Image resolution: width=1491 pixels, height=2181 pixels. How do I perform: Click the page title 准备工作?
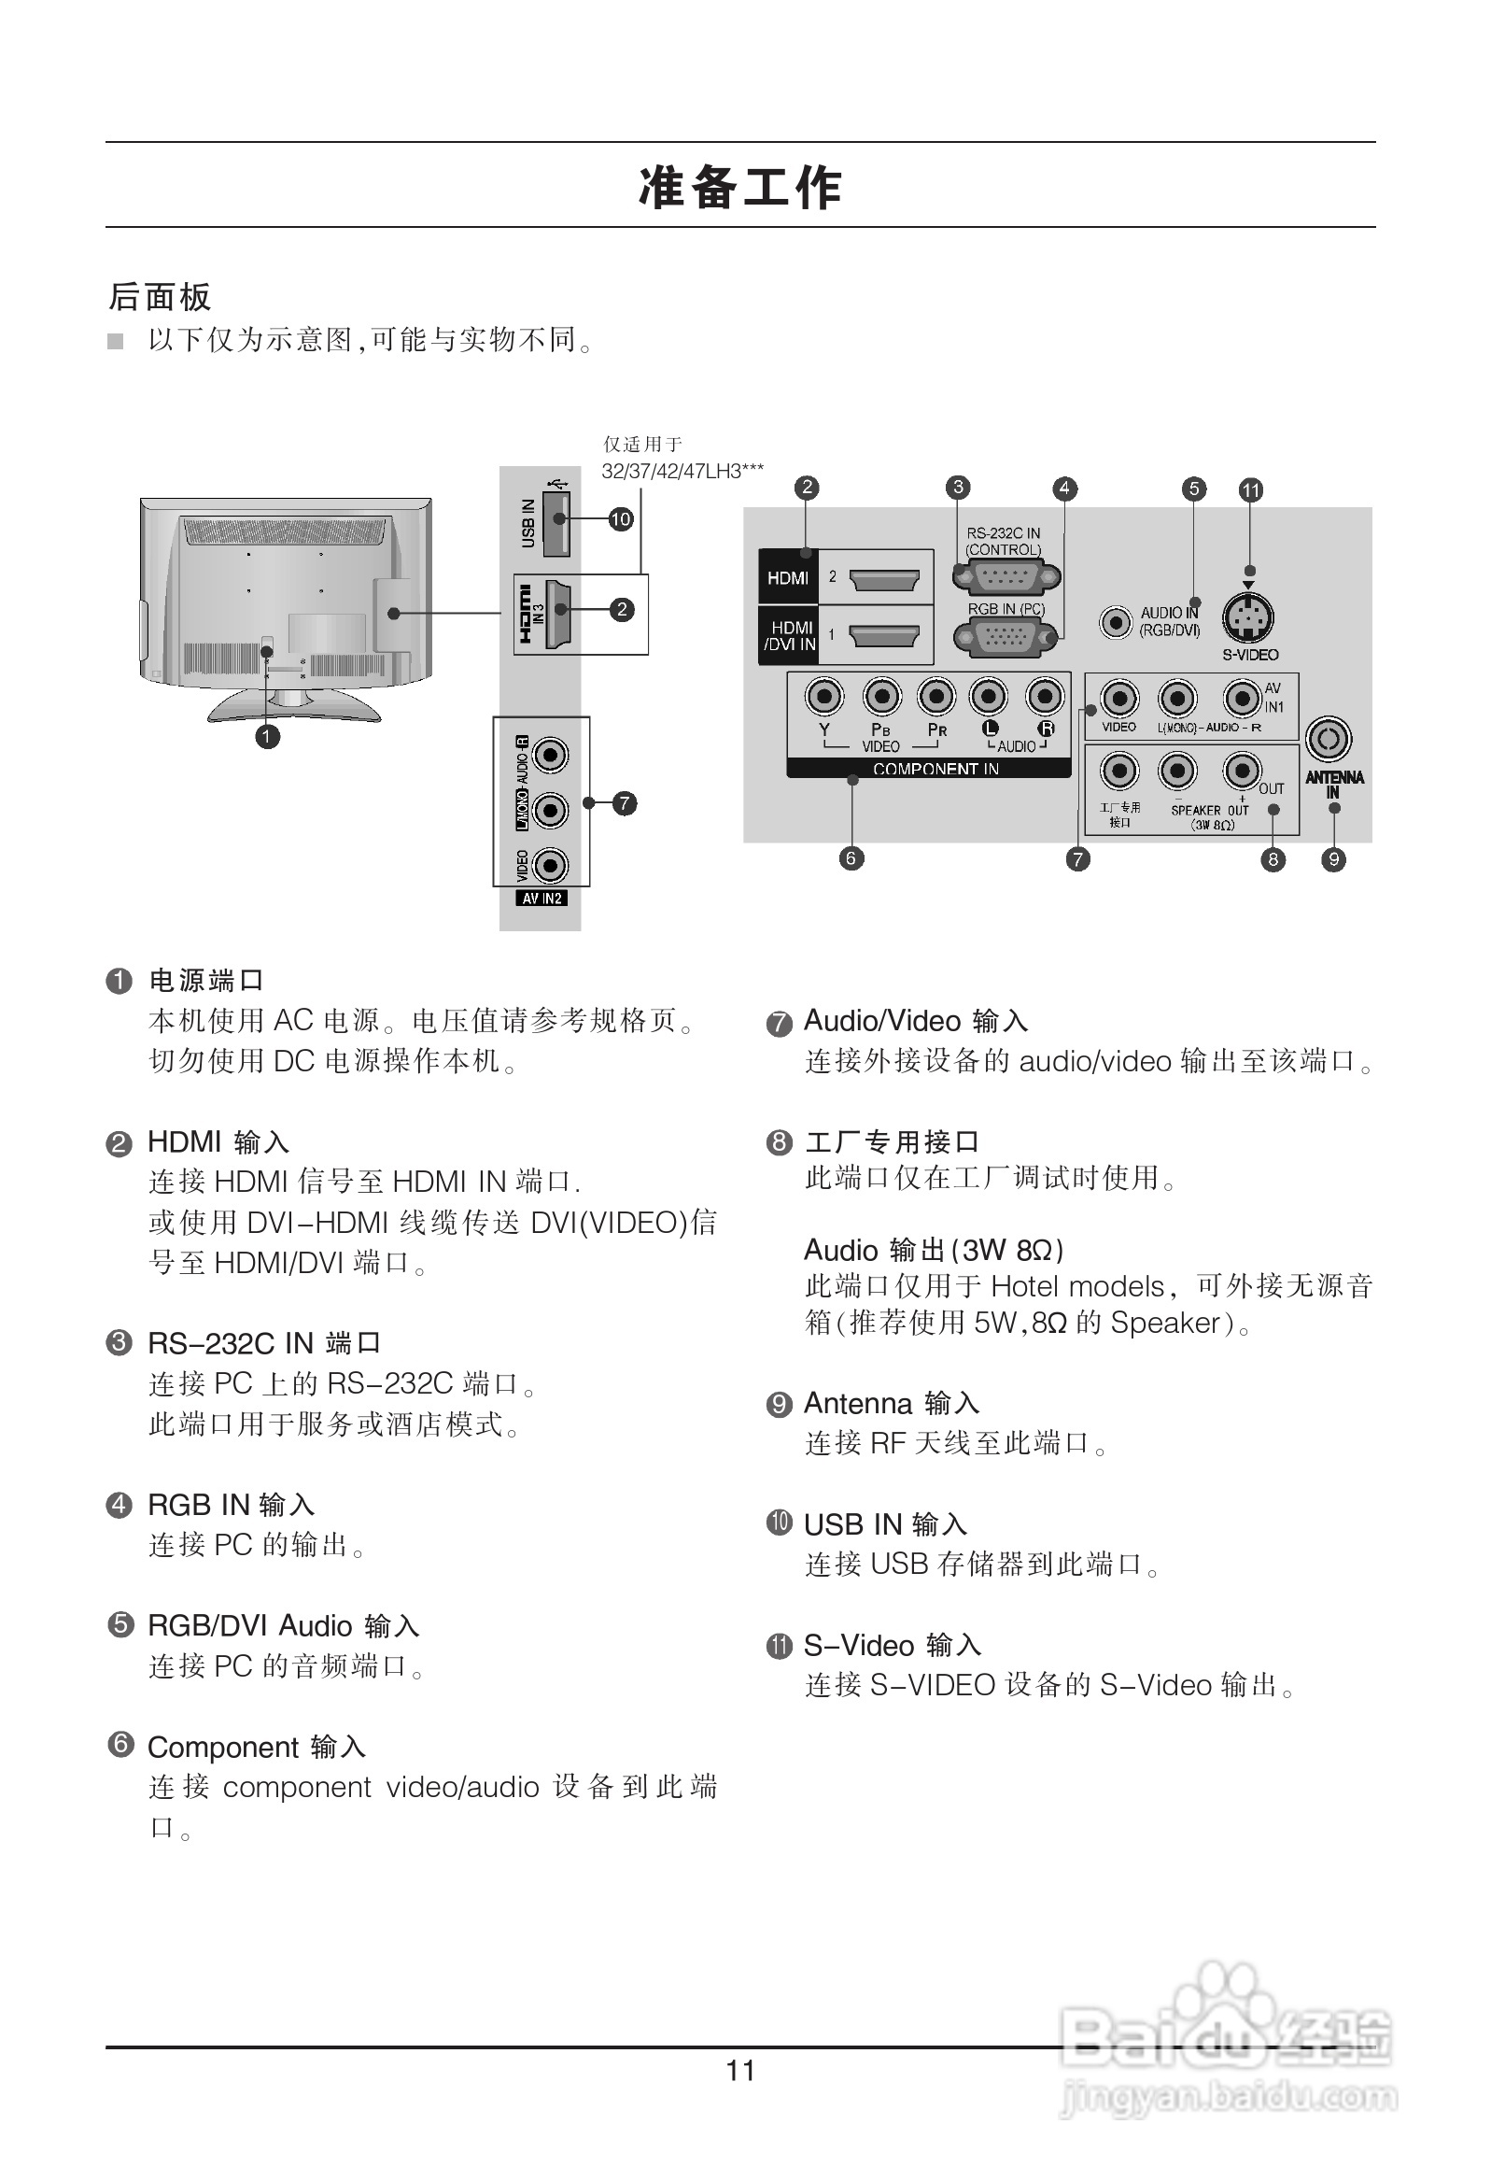tap(740, 186)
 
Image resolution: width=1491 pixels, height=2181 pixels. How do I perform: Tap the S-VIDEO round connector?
tap(1248, 618)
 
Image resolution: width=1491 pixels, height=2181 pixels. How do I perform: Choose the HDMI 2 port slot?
tap(884, 579)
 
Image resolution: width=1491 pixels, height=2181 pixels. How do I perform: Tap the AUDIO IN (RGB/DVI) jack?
tap(1116, 621)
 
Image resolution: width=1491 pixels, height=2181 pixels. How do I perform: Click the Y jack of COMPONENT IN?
tap(823, 698)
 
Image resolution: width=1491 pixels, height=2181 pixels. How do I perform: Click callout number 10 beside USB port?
tap(620, 519)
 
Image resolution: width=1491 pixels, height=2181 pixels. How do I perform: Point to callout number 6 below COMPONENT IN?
tap(851, 857)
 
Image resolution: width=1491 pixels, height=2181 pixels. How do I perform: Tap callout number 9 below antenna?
tap(1333, 858)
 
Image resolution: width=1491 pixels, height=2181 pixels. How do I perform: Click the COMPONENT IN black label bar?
tap(928, 769)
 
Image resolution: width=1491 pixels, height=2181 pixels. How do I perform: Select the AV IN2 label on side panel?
tap(542, 899)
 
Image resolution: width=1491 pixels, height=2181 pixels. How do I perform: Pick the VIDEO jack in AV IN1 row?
tap(1119, 700)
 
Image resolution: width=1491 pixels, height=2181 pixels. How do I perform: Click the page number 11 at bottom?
tap(740, 2070)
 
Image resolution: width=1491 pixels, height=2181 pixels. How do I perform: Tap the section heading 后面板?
tap(160, 296)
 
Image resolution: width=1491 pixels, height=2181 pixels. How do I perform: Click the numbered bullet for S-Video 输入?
tap(779, 1646)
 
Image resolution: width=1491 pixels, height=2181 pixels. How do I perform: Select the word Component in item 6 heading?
tap(223, 1747)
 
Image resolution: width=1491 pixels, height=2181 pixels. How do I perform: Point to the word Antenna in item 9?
tap(858, 1403)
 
